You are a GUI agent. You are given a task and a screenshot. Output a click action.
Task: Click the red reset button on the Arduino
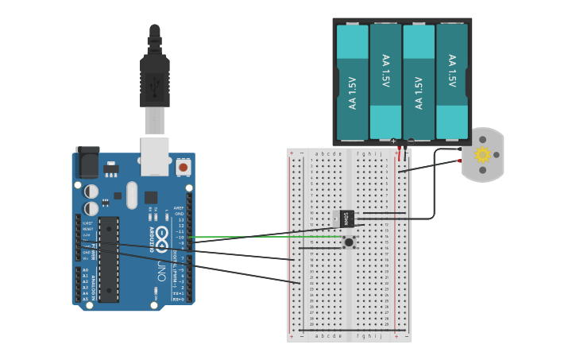pos(184,167)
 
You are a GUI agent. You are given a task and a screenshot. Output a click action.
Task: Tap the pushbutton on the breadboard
pos(349,242)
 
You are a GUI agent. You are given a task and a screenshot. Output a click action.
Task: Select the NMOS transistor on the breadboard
pos(347,218)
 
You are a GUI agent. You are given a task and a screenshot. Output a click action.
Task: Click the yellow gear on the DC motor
pos(482,154)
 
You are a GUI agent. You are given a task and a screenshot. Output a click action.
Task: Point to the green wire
pos(262,237)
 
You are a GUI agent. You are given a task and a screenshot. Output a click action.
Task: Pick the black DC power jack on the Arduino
pos(87,163)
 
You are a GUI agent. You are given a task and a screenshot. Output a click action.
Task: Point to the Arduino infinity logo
pos(162,235)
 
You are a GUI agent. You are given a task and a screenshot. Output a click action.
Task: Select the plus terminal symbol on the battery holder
pos(392,141)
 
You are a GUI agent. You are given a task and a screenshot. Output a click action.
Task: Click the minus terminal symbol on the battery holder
pos(410,141)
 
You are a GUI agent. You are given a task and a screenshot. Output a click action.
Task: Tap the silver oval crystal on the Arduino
pos(132,195)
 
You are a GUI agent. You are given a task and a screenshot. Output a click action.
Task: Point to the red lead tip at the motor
pos(459,161)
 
